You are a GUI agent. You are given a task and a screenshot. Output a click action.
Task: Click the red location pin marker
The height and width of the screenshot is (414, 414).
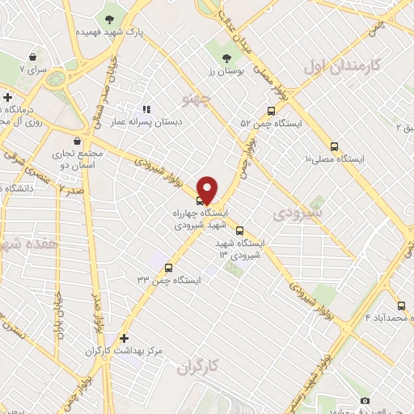tap(208, 188)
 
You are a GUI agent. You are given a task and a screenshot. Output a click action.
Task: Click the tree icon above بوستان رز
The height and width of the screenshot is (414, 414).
tap(226, 57)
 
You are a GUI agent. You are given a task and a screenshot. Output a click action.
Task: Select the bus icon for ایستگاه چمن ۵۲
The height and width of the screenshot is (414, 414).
tap(270, 113)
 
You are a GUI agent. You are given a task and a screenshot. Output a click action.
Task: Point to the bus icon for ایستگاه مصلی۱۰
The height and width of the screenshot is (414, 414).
tap(335, 147)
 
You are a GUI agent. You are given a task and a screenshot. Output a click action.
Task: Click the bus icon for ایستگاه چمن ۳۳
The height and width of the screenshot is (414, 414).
tap(168, 268)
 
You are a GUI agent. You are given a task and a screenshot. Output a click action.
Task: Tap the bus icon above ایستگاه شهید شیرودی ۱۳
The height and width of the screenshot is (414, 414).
tap(239, 230)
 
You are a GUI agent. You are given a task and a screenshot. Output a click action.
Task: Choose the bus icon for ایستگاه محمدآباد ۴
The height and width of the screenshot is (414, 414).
tap(395, 303)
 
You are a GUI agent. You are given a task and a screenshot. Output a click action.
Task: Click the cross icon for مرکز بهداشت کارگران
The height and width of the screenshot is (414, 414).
tap(123, 338)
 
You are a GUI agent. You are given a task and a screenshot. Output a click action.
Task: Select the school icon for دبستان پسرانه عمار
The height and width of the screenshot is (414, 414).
tap(146, 109)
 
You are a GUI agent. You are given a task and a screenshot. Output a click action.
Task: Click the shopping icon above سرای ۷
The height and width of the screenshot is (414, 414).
tap(32, 57)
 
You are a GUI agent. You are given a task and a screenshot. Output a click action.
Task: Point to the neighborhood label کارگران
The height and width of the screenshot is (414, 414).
tap(198, 368)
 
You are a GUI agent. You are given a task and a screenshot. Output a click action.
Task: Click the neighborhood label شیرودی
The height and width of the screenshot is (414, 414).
tap(297, 213)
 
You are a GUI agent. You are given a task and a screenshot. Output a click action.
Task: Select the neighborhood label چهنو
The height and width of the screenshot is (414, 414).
tap(196, 101)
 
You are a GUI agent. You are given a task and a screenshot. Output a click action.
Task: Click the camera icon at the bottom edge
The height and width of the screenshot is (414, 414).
tap(365, 401)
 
